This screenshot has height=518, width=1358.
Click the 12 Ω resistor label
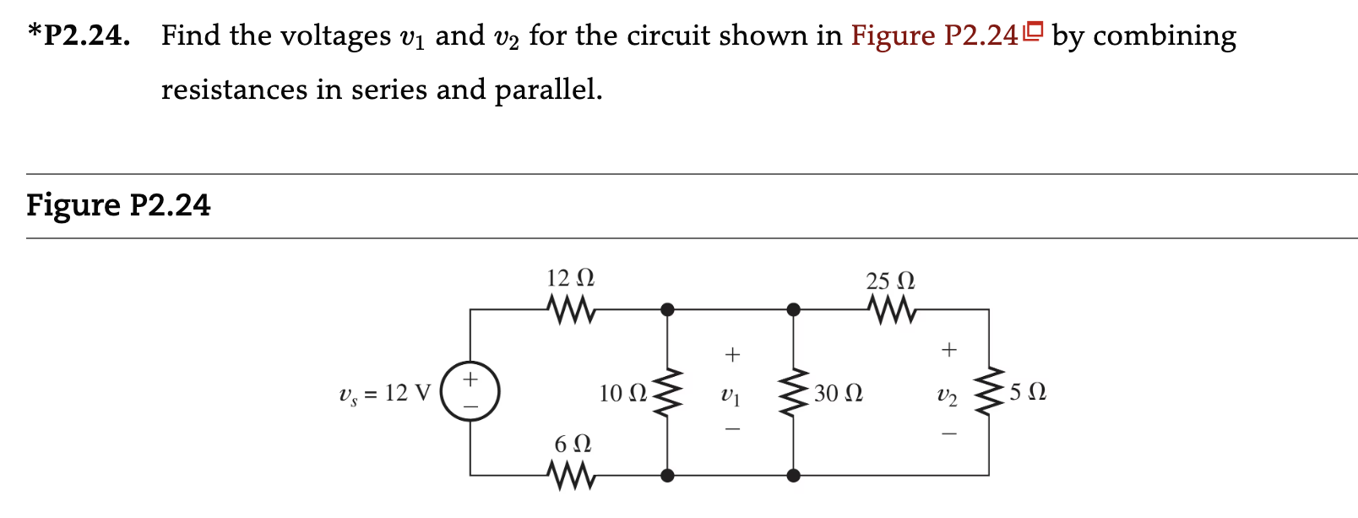pyautogui.click(x=570, y=278)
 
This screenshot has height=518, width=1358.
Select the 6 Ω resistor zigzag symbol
pyautogui.click(x=572, y=476)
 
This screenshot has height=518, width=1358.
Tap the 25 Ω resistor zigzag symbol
pyautogui.click(x=891, y=310)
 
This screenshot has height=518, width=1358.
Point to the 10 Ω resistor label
pyautogui.click(x=622, y=393)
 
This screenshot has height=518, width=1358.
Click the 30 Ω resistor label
pyautogui.click(x=838, y=393)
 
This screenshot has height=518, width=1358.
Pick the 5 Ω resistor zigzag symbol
pyautogui.click(x=989, y=392)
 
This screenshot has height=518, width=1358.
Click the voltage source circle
pyautogui.click(x=470, y=392)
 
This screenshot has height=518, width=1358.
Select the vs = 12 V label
pyautogui.click(x=384, y=393)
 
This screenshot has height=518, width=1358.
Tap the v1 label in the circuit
pyautogui.click(x=731, y=394)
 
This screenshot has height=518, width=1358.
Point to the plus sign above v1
pyautogui.click(x=732, y=355)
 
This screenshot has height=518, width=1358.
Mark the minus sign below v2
pyautogui.click(x=949, y=434)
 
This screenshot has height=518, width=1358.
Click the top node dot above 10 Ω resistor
pyautogui.click(x=667, y=310)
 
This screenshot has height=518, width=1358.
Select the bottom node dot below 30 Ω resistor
pyautogui.click(x=793, y=476)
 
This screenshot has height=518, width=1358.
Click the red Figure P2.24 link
pyautogui.click(x=934, y=35)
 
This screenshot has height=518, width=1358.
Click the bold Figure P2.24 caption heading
pyautogui.click(x=118, y=205)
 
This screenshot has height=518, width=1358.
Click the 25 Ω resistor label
pyautogui.click(x=890, y=281)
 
